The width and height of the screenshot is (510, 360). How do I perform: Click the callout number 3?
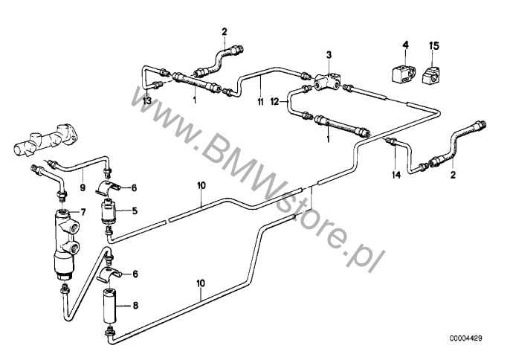329,55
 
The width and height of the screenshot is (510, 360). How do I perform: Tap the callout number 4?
405,45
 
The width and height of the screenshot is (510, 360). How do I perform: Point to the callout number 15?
434,46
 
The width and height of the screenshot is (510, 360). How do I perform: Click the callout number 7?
83,213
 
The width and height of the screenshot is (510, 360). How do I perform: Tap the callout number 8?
135,305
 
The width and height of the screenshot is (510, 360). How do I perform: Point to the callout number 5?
135,211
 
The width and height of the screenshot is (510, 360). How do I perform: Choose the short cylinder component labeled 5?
109,211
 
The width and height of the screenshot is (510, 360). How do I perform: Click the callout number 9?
83,188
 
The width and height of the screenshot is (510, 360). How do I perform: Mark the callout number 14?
396,175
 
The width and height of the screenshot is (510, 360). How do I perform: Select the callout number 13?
147,100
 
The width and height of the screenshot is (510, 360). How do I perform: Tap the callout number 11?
260,102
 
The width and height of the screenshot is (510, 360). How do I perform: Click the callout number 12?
274,102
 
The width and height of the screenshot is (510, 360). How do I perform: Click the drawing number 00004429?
466,338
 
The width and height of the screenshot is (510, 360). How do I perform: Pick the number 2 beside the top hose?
225,31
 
